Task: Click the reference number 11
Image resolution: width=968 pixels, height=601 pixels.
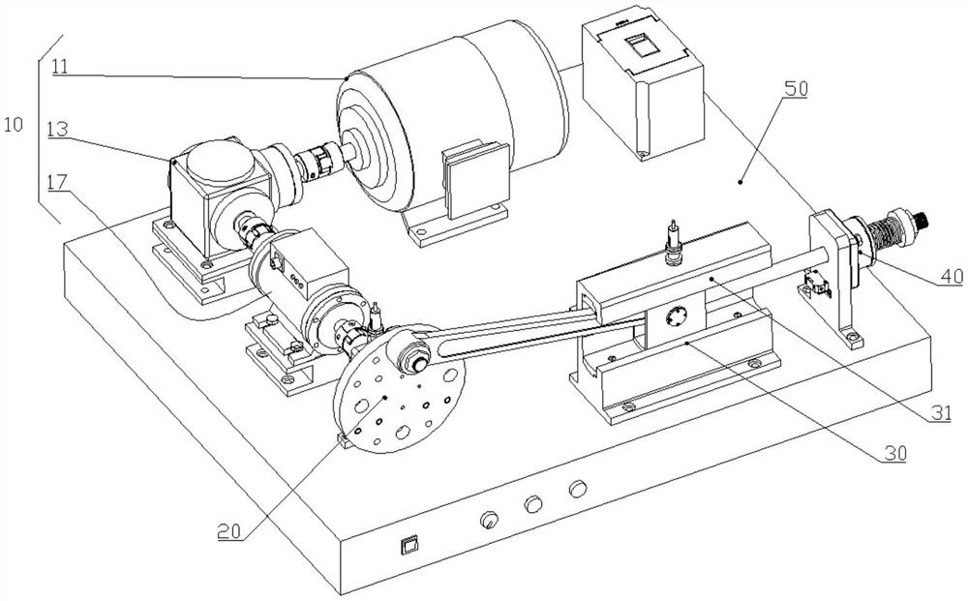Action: pyautogui.click(x=60, y=66)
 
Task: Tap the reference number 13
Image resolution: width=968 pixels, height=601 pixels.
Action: pyautogui.click(x=57, y=131)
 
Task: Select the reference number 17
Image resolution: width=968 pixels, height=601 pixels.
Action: pyautogui.click(x=58, y=182)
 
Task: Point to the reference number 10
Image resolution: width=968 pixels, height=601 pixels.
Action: pyautogui.click(x=13, y=124)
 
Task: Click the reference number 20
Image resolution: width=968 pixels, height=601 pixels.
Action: pyautogui.click(x=229, y=530)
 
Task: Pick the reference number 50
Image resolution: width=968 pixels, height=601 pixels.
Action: pyautogui.click(x=796, y=88)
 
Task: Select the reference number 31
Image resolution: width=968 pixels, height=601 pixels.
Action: pyautogui.click(x=941, y=412)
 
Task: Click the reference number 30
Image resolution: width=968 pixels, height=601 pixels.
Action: pyautogui.click(x=895, y=454)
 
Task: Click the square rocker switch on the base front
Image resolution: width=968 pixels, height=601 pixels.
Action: pyautogui.click(x=408, y=546)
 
